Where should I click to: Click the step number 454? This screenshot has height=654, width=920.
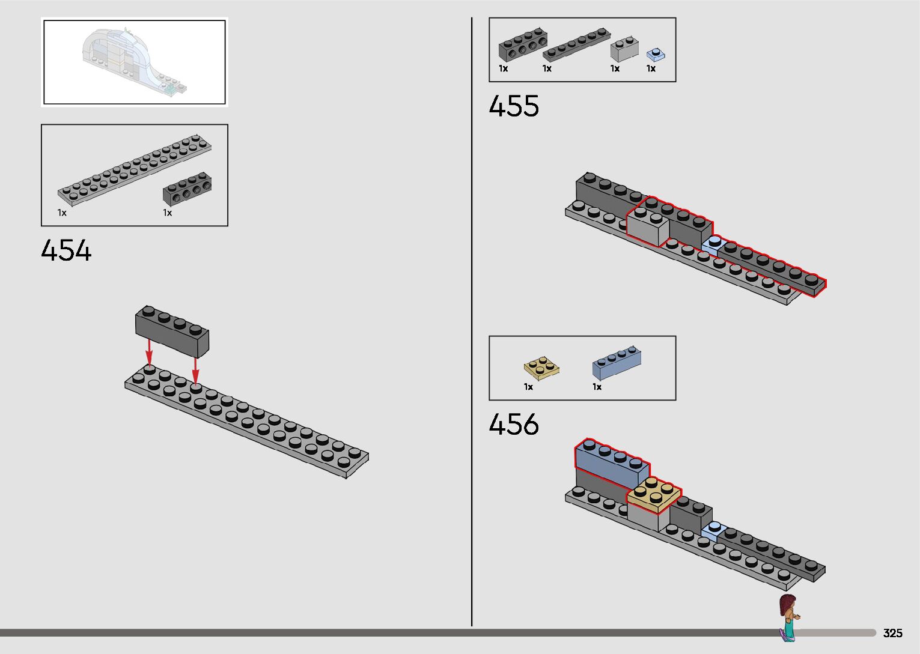(66, 251)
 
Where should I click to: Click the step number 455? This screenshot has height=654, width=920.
(514, 106)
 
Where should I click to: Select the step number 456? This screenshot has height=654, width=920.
(514, 425)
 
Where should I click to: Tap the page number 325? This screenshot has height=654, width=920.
(892, 633)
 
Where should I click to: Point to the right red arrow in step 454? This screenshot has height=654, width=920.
(195, 369)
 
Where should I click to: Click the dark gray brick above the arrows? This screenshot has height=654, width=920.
(172, 330)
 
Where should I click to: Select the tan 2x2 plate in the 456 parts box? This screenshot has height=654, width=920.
(542, 369)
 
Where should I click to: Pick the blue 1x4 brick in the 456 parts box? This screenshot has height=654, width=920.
(617, 363)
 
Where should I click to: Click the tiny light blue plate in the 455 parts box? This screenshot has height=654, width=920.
(655, 55)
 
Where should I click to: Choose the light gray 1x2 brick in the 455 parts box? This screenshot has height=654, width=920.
(624, 49)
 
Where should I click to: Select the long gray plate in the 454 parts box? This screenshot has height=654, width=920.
(135, 171)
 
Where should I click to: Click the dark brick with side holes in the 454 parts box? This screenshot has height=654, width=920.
(187, 189)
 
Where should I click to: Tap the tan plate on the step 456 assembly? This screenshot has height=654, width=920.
(654, 496)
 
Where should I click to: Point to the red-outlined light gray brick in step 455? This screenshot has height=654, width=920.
(648, 226)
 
